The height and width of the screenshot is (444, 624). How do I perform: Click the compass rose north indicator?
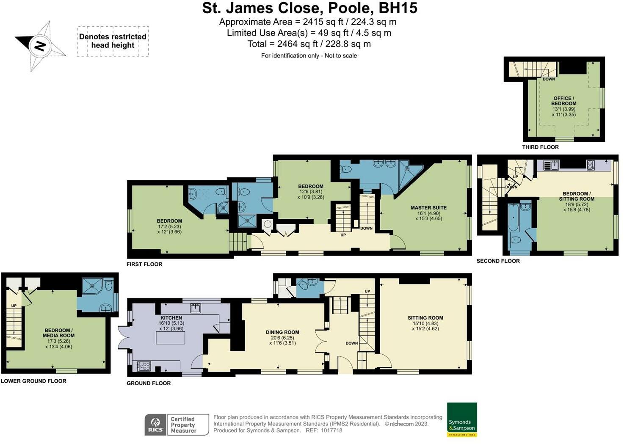(x=40, y=46)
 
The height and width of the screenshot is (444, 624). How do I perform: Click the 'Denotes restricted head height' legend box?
(x=113, y=41)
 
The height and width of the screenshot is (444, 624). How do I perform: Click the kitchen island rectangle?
(x=171, y=338)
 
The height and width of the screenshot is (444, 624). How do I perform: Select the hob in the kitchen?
(x=144, y=366)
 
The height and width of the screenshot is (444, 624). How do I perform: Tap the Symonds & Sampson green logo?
(x=462, y=419)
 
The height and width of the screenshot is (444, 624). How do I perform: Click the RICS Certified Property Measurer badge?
(x=177, y=425)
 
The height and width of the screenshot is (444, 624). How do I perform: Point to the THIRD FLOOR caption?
(x=540, y=147)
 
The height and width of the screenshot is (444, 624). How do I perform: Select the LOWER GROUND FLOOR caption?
(x=33, y=381)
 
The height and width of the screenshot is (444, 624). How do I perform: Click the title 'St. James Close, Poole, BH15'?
(x=309, y=8)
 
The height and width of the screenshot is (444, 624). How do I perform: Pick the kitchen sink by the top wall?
(x=195, y=308)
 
